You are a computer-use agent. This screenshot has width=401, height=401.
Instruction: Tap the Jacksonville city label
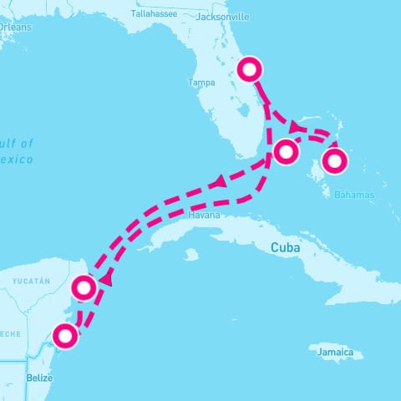[x=222, y=16]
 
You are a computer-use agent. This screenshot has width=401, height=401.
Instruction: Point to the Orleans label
[x=15, y=28]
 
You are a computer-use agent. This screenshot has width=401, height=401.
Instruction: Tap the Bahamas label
[x=354, y=195]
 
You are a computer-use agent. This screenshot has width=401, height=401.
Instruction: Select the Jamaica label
[x=341, y=353]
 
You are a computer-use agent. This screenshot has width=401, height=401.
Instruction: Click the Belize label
[x=39, y=377]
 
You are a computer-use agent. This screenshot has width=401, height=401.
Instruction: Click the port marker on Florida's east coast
[x=249, y=69]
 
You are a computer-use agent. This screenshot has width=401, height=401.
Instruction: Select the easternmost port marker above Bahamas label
[x=335, y=160]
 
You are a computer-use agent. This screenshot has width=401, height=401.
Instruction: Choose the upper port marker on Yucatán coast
[x=84, y=288]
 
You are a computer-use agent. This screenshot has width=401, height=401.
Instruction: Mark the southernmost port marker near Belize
[x=64, y=337]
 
